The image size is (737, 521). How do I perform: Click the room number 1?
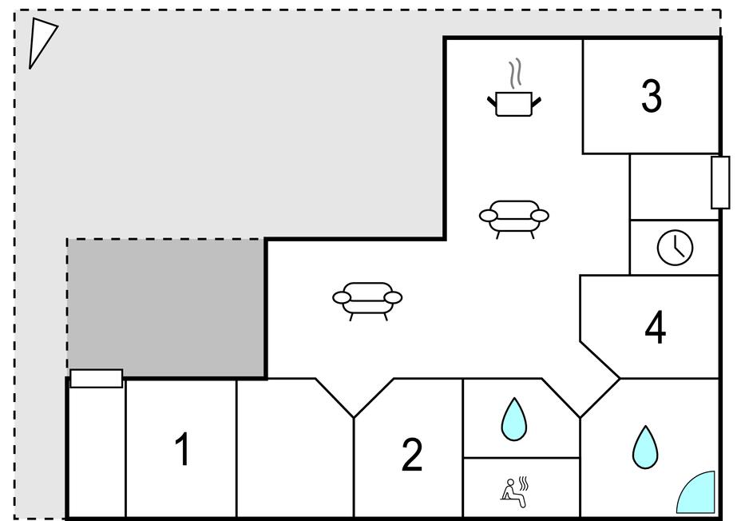pyautogui.click(x=182, y=449)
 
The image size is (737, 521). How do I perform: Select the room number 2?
pyautogui.click(x=412, y=454)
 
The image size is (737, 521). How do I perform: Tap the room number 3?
pyautogui.click(x=652, y=96)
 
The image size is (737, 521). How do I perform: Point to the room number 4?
pyautogui.click(x=656, y=328)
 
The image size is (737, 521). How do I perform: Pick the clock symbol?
pyautogui.click(x=675, y=248)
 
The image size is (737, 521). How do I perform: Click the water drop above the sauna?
pyautogui.click(x=514, y=420)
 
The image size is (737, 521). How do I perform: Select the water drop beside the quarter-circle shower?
pyautogui.click(x=645, y=447)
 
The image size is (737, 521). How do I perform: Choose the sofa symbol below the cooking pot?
pyautogui.click(x=513, y=218)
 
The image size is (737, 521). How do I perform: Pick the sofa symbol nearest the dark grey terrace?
pyautogui.click(x=367, y=300)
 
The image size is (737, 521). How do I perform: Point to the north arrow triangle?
pyautogui.click(x=40, y=42)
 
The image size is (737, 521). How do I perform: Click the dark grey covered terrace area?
pyautogui.click(x=165, y=308)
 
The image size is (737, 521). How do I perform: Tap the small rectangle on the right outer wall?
pyautogui.click(x=720, y=182)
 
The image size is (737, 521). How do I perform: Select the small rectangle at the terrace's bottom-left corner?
pyautogui.click(x=97, y=379)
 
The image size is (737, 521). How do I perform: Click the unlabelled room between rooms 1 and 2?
pyautogui.click(x=295, y=449)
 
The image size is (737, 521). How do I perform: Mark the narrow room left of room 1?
pyautogui.click(x=97, y=451)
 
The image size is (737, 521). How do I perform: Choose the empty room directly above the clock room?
pyautogui.click(x=674, y=187)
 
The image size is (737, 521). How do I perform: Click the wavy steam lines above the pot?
pyautogui.click(x=516, y=73)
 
